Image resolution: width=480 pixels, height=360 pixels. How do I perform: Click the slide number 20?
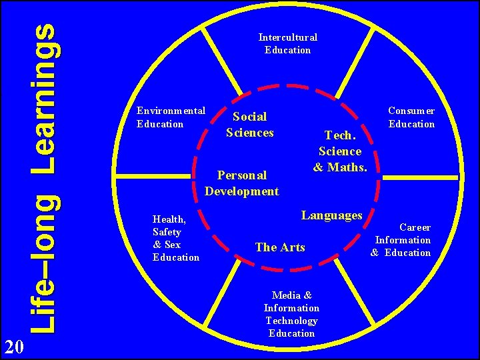14,346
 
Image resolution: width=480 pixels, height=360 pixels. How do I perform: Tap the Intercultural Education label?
287,43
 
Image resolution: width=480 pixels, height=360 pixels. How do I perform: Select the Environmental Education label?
170,117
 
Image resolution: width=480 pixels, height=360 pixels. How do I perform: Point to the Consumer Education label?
411,117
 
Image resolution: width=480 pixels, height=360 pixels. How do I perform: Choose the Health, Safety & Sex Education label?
175,238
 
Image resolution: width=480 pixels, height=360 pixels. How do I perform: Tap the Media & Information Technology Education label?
291,314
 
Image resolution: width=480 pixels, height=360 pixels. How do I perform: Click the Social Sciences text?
250,125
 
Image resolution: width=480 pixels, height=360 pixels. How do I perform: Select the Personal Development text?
241,183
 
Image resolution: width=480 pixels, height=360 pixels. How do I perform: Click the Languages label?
331,215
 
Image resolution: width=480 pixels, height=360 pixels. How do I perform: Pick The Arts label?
280,247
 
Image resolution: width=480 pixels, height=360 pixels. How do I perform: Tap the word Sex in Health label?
172,245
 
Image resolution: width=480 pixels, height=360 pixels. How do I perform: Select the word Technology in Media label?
291,321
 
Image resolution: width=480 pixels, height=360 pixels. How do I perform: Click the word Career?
415,227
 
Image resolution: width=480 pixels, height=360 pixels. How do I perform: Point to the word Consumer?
411,111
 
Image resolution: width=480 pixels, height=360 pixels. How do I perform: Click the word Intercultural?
287,37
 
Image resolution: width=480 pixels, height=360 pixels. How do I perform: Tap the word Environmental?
170,111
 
